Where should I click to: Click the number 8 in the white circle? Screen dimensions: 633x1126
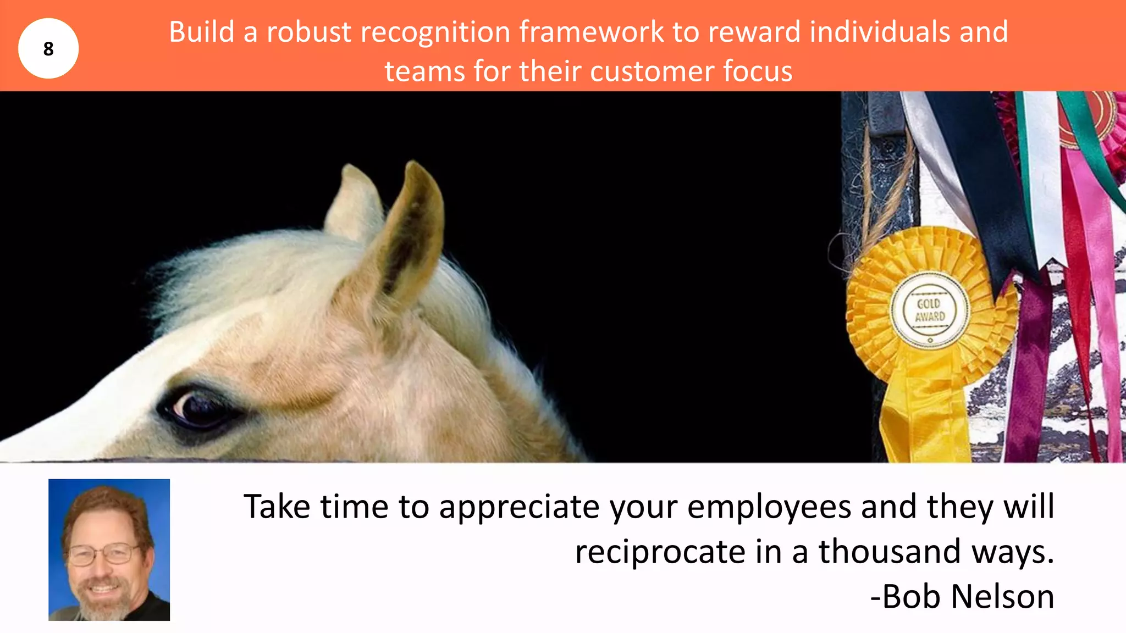click(x=48, y=49)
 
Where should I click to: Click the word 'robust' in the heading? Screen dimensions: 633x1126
click(x=309, y=32)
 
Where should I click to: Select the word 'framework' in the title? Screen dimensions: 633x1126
click(x=592, y=32)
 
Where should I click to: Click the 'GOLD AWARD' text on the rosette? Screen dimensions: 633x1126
click(x=930, y=310)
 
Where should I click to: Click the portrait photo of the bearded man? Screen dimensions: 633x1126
click(x=109, y=549)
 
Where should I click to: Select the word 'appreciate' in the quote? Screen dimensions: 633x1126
click(x=519, y=507)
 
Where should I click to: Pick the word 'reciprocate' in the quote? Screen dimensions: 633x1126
click(x=660, y=552)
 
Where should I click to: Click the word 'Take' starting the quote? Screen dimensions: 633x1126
click(x=277, y=507)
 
